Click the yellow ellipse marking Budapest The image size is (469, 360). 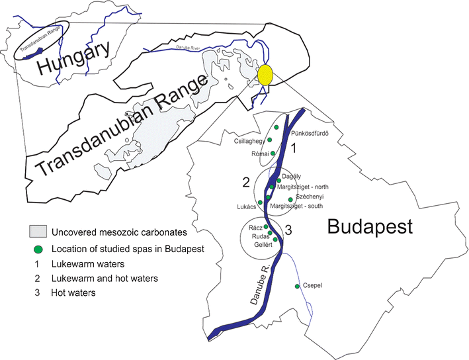pyautogui.click(x=266, y=75)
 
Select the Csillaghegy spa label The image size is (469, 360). pyautogui.click(x=249, y=141)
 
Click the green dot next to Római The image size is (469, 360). pyautogui.click(x=273, y=153)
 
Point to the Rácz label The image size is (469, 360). pyautogui.click(x=255, y=227)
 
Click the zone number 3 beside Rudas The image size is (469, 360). pyautogui.click(x=288, y=230)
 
